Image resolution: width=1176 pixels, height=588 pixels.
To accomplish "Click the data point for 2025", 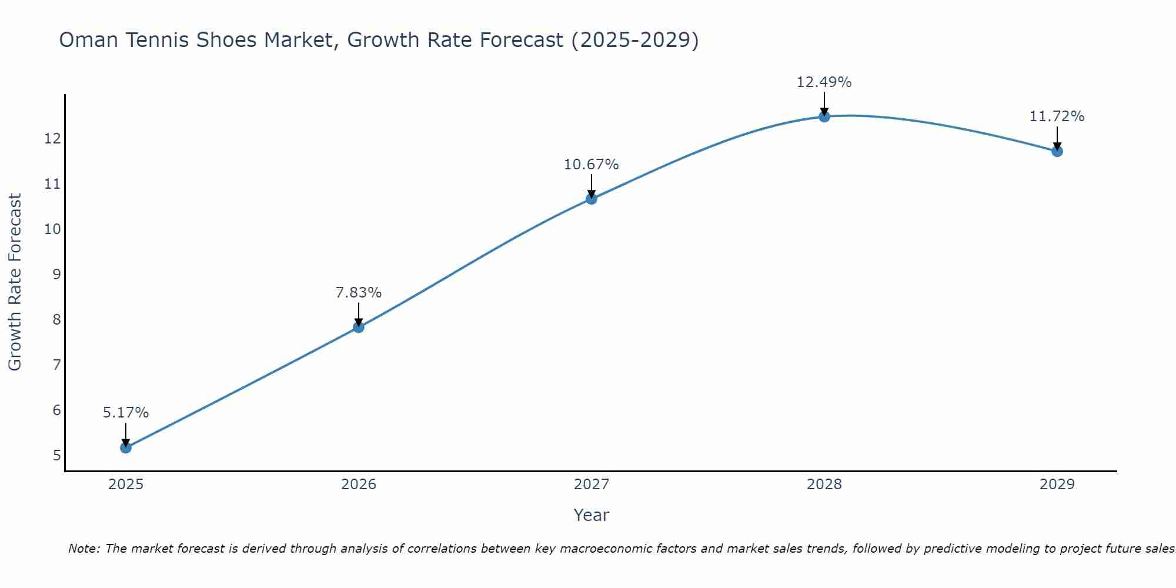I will coord(126,447).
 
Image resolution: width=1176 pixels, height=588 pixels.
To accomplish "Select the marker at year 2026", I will coord(359,327).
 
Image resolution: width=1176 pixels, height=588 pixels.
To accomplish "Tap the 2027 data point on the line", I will coord(592,199).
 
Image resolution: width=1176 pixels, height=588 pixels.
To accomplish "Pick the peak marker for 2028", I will coord(824,116).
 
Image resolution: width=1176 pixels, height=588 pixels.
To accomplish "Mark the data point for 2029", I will coord(1057,151).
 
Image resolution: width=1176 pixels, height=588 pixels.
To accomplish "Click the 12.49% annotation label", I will coord(824,82).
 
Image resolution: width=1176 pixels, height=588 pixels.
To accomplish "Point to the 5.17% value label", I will coord(126,413).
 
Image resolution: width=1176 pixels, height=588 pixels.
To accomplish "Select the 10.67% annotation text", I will coord(591,165).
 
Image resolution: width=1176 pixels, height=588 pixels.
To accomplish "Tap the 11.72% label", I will coord(1057,116).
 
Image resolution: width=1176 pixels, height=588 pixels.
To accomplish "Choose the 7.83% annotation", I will coord(359,292).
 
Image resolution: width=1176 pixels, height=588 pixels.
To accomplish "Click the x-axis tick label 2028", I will coord(824,485).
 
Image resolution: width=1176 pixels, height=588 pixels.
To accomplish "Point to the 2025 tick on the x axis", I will coord(126,485).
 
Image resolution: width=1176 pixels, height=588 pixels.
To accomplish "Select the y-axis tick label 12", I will coord(52,139).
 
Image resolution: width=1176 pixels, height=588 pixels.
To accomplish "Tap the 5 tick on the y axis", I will coord(56,456).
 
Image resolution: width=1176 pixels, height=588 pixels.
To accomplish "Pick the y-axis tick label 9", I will coord(56,275).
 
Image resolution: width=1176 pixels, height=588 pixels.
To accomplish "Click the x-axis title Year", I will coord(591,515).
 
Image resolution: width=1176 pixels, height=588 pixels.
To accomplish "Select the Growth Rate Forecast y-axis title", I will coord(15,282).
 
